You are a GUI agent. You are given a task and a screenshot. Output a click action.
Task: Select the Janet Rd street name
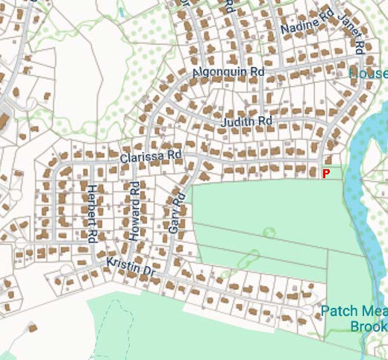pyautogui.click(x=350, y=34)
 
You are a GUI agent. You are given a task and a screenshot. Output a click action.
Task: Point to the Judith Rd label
pyautogui.click(x=247, y=121)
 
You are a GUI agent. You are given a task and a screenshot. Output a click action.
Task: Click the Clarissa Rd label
pyautogui.click(x=150, y=157)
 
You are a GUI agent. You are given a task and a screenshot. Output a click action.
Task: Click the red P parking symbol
pyautogui.click(x=325, y=173)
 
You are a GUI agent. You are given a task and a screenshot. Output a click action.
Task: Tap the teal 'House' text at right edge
pyautogui.click(x=369, y=74)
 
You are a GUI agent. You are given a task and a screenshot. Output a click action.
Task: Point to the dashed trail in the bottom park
pyautogui.click(x=112, y=328)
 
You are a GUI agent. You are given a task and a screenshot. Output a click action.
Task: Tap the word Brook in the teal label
pyautogui.click(x=369, y=326)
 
